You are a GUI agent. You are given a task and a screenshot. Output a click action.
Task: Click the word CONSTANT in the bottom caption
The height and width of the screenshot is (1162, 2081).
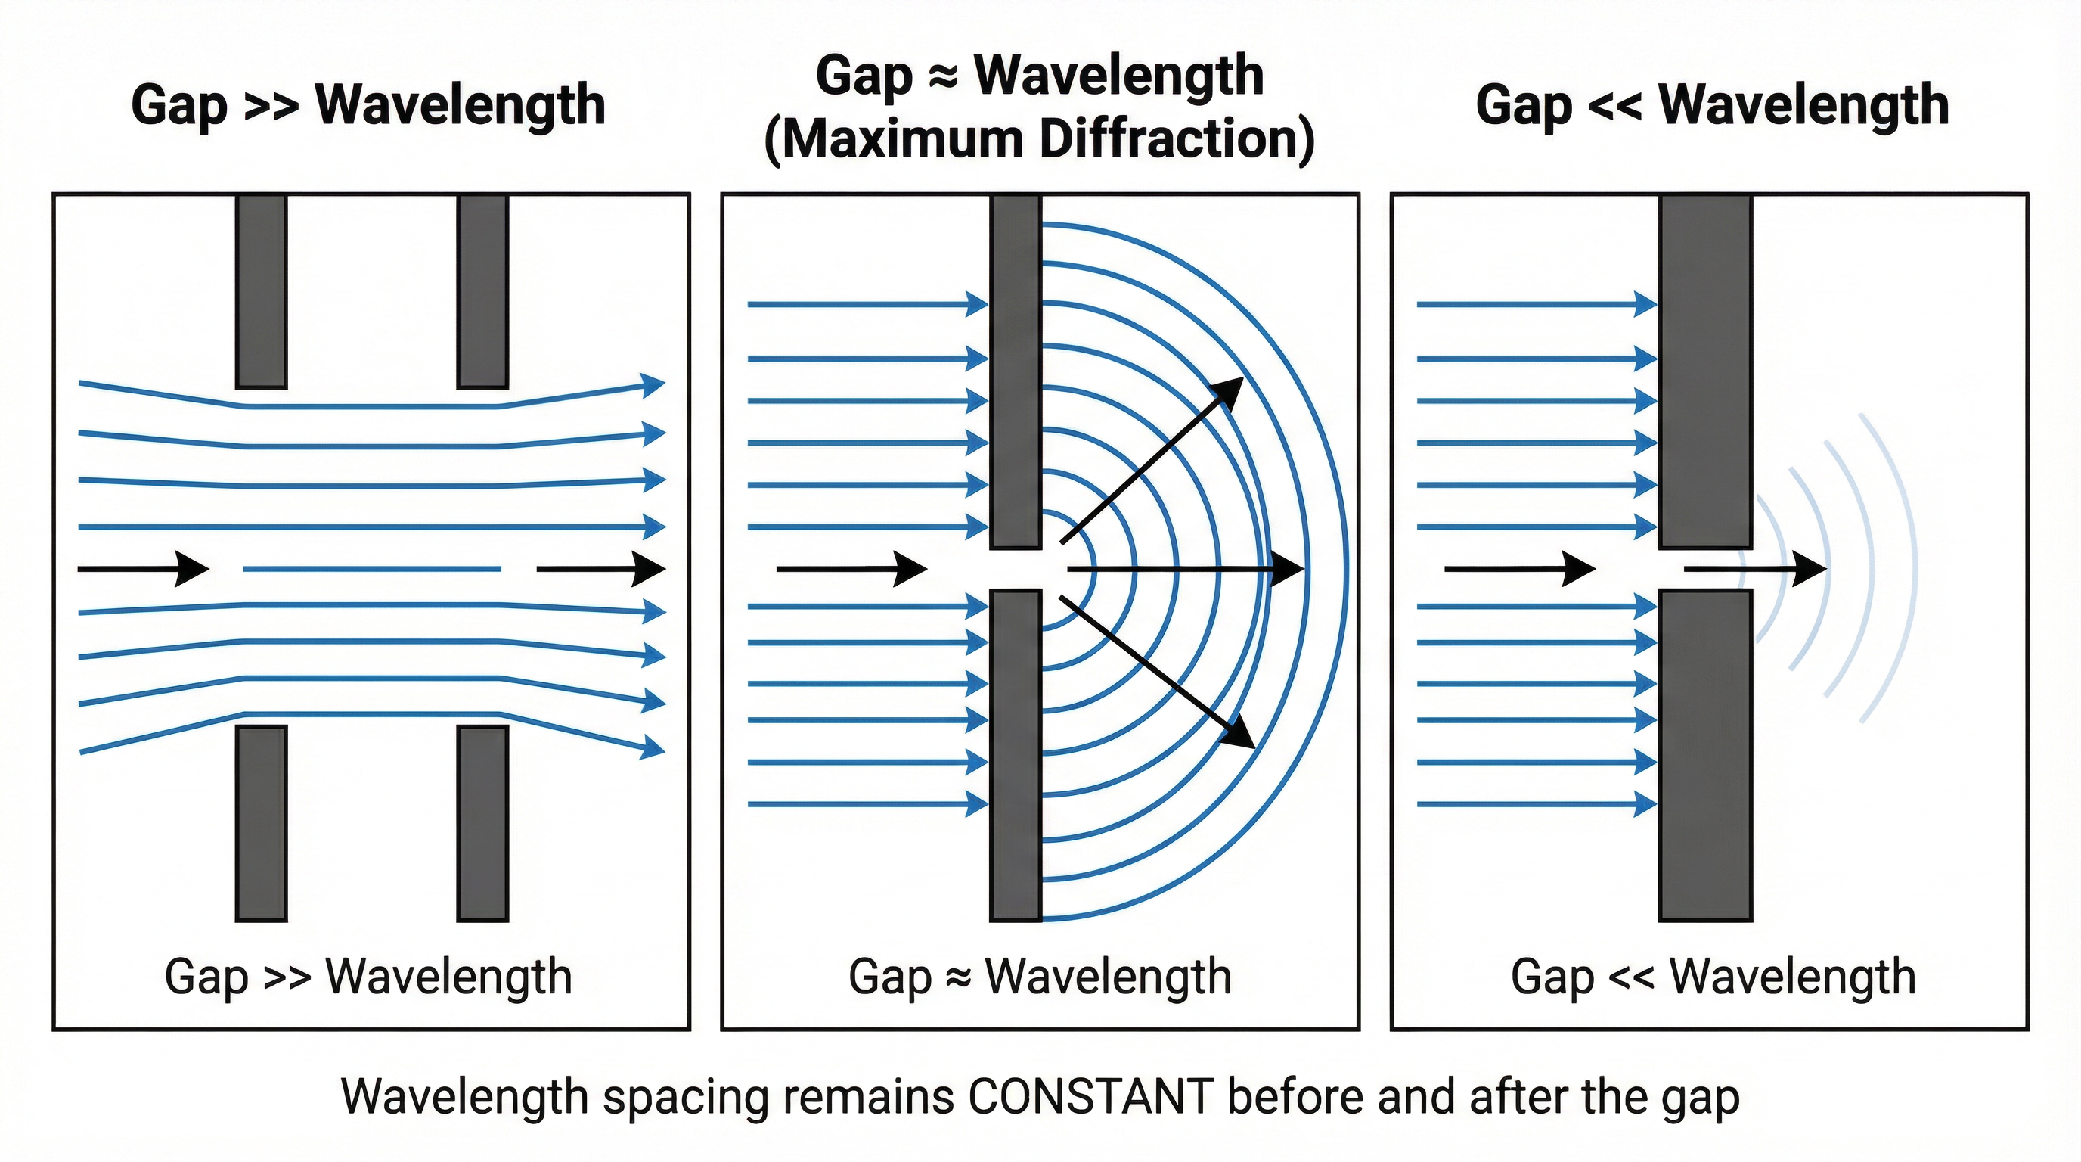[1090, 1096]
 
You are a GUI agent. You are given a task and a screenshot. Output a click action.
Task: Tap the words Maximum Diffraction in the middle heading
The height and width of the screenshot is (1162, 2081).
[1040, 139]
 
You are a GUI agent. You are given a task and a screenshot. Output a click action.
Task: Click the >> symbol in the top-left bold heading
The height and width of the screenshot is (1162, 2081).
[271, 107]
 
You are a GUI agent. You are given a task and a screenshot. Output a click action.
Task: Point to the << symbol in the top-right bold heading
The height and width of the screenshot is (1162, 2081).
[1615, 107]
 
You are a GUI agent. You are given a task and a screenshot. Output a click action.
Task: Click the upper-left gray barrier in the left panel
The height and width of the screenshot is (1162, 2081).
[261, 291]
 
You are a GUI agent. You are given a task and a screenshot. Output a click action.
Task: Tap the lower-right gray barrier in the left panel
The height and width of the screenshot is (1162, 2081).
[482, 822]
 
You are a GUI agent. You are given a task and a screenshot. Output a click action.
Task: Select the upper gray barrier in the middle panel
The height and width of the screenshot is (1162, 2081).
[1016, 371]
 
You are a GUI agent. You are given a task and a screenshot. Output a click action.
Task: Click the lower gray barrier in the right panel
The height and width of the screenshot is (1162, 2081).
[1705, 756]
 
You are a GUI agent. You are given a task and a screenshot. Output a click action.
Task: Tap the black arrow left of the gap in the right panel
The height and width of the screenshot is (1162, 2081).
[1518, 569]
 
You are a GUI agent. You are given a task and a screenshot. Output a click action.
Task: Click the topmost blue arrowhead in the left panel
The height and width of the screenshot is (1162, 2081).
[653, 384]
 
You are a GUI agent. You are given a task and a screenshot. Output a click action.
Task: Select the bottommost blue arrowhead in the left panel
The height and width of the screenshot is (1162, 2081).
[653, 748]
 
